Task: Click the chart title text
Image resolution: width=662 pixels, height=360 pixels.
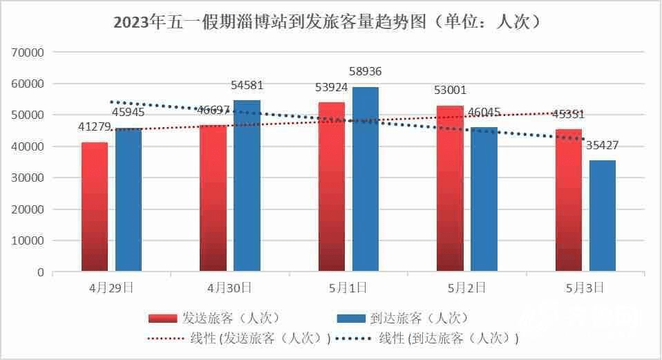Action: (330, 22)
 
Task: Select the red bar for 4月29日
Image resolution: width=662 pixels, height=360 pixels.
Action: (95, 207)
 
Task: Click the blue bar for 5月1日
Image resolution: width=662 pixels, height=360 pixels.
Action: (366, 179)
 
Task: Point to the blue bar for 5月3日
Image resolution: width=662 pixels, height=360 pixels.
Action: (603, 216)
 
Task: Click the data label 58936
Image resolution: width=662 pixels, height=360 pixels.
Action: (366, 71)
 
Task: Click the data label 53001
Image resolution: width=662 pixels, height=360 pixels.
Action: (451, 91)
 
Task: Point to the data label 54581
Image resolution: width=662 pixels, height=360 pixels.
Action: (247, 86)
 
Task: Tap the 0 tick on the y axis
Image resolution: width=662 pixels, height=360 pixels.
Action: (40, 272)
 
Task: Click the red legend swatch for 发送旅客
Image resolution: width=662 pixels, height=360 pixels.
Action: (164, 318)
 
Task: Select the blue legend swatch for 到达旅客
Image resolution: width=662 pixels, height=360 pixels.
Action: (351, 318)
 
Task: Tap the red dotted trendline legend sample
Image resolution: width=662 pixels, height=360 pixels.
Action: (164, 339)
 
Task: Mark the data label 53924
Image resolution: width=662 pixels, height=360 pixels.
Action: (332, 88)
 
